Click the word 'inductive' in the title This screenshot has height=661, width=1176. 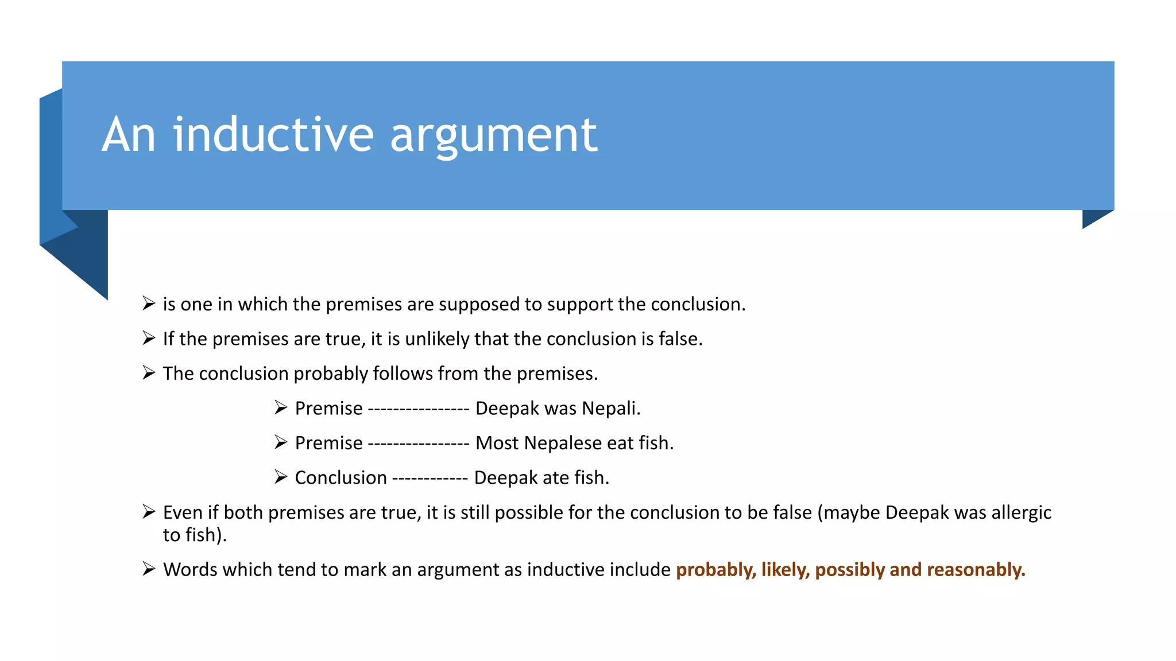(273, 135)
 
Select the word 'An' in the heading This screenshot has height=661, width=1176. (129, 135)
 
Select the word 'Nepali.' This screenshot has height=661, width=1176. (611, 409)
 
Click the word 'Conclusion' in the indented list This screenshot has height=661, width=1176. (341, 478)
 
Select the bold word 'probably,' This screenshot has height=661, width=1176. (715, 570)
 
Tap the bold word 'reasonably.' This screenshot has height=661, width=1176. (976, 570)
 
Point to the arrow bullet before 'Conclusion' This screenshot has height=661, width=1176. (280, 477)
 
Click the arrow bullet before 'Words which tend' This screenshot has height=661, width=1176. (149, 569)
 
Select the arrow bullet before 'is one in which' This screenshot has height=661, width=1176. (149, 304)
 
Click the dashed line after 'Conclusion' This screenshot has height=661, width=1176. (430, 478)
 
